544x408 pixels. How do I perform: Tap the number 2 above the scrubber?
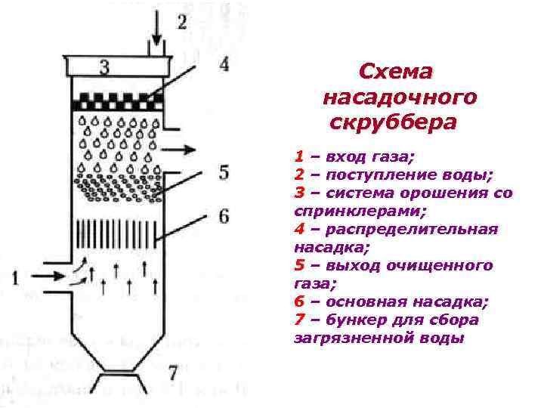(182, 21)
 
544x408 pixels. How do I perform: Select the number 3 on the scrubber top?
(104, 68)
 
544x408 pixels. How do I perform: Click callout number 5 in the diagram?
(224, 172)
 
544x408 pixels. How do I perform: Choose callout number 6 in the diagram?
(224, 217)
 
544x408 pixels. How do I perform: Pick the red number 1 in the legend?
(299, 158)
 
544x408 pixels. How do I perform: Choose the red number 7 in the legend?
(299, 320)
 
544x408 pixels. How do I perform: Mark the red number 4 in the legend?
(299, 229)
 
